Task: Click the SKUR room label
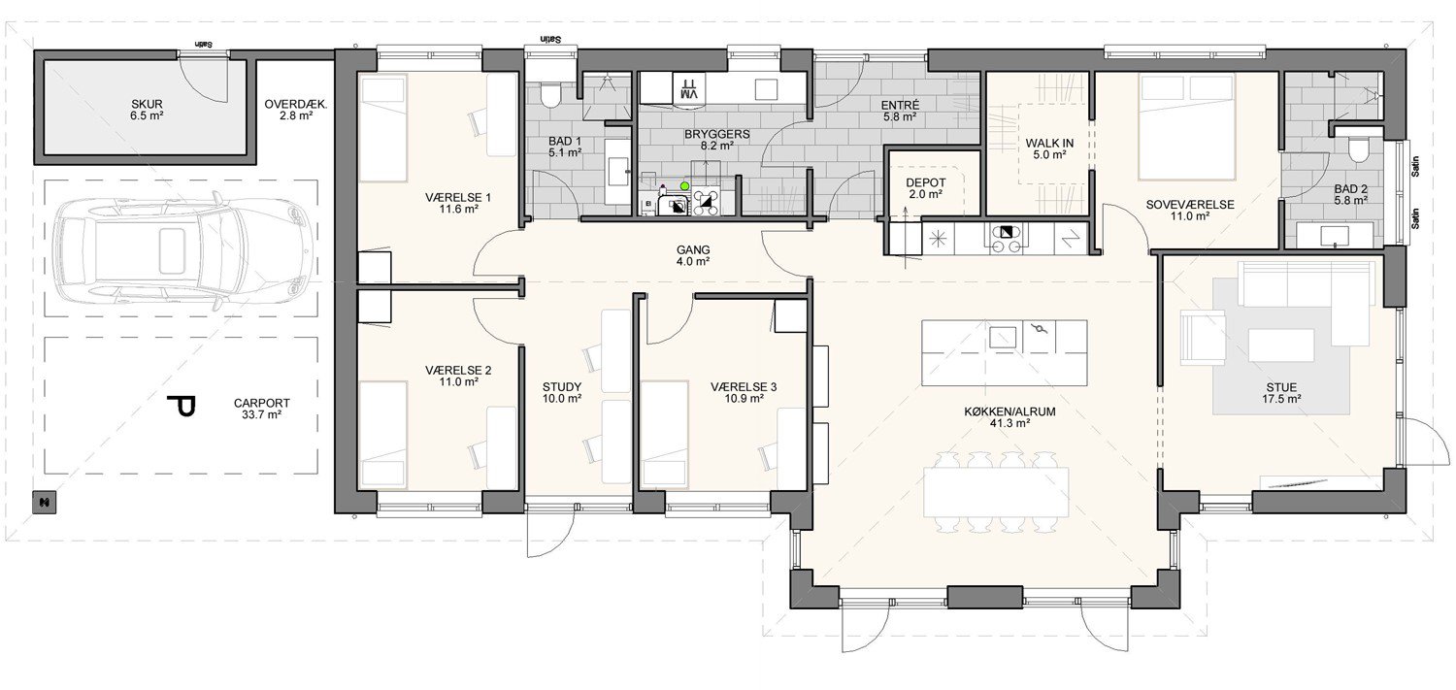[147, 104]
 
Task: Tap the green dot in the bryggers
[683, 185]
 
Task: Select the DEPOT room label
[926, 182]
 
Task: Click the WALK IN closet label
[1049, 143]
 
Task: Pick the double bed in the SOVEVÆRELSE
[1186, 127]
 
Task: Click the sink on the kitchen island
[1003, 337]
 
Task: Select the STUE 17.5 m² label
[1281, 394]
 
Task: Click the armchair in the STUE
[1203, 335]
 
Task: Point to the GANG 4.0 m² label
[693, 255]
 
